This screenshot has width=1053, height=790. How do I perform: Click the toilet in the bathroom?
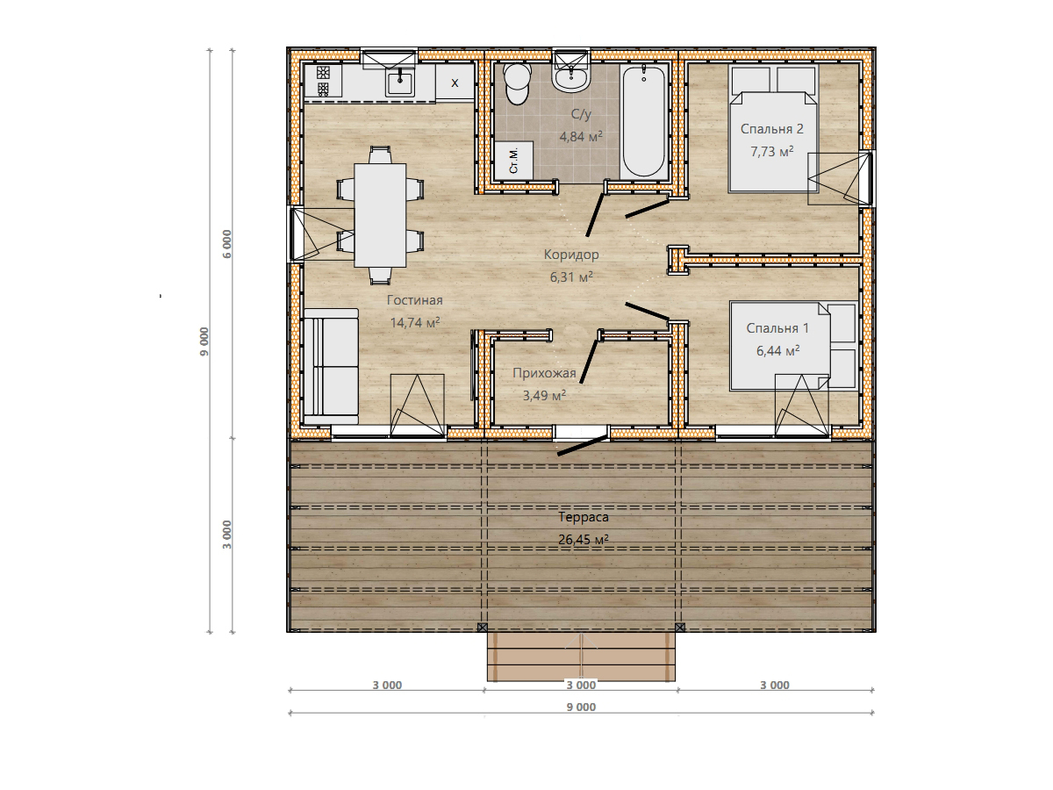coord(517,83)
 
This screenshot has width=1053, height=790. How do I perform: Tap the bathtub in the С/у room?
coord(644,121)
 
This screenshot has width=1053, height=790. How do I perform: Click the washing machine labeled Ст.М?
coord(514,160)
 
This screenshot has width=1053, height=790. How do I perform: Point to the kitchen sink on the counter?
coord(400,83)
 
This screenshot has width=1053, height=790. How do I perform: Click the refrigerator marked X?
coord(455,83)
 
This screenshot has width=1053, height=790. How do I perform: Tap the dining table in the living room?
coord(380,215)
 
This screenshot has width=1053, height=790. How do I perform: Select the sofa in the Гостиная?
coord(331,366)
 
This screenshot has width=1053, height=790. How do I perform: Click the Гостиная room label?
coord(414,300)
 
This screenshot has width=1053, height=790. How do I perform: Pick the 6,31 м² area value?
coord(571,276)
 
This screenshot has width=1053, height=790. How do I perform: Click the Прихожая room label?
coord(544,373)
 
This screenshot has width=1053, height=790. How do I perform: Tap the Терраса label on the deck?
coord(584,517)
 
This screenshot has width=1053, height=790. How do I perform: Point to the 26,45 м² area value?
coord(584,540)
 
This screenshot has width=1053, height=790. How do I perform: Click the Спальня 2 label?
coord(771,128)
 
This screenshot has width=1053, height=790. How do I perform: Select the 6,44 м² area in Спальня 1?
coord(777,350)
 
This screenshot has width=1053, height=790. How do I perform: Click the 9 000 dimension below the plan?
coord(581,707)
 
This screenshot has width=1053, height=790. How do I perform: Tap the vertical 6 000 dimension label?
coord(227,244)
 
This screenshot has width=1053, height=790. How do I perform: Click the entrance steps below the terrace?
coord(581,657)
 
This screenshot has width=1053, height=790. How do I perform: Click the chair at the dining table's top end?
coord(380,155)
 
